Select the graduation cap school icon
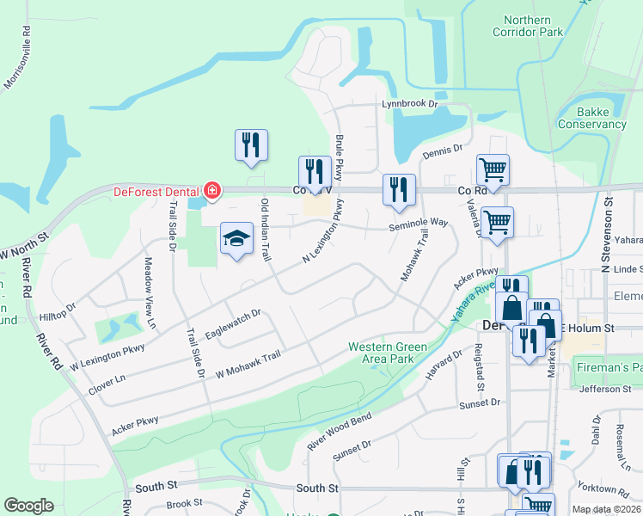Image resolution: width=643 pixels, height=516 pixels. click(235, 241)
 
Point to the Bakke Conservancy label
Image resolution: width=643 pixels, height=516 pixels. click(592, 118)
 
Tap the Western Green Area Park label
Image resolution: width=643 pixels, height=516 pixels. click(387, 353)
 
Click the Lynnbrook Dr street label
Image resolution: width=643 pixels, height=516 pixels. click(410, 104)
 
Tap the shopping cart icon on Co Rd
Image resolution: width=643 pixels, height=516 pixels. click(493, 170)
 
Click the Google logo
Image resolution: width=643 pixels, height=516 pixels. click(28, 506)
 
